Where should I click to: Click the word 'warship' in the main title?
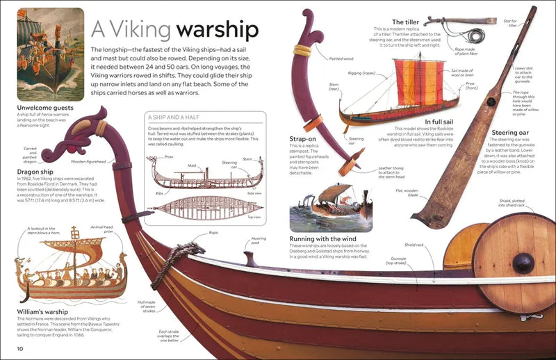(218, 30)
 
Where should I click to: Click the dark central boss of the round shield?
(523, 264)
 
